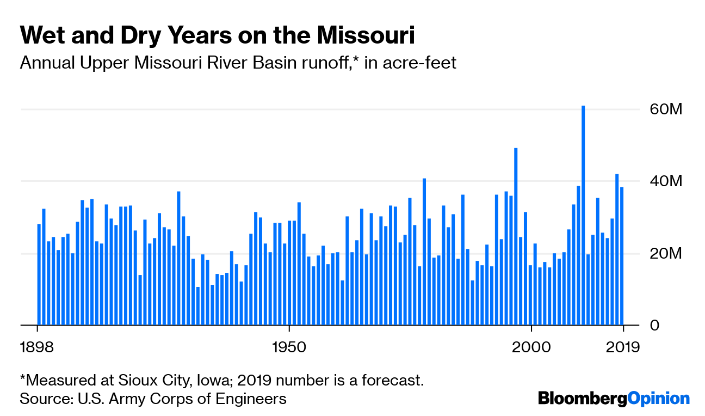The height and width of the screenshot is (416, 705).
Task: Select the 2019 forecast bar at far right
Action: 622,256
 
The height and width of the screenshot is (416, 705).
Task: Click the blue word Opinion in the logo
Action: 659,399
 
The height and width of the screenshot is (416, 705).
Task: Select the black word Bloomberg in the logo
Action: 583,399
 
